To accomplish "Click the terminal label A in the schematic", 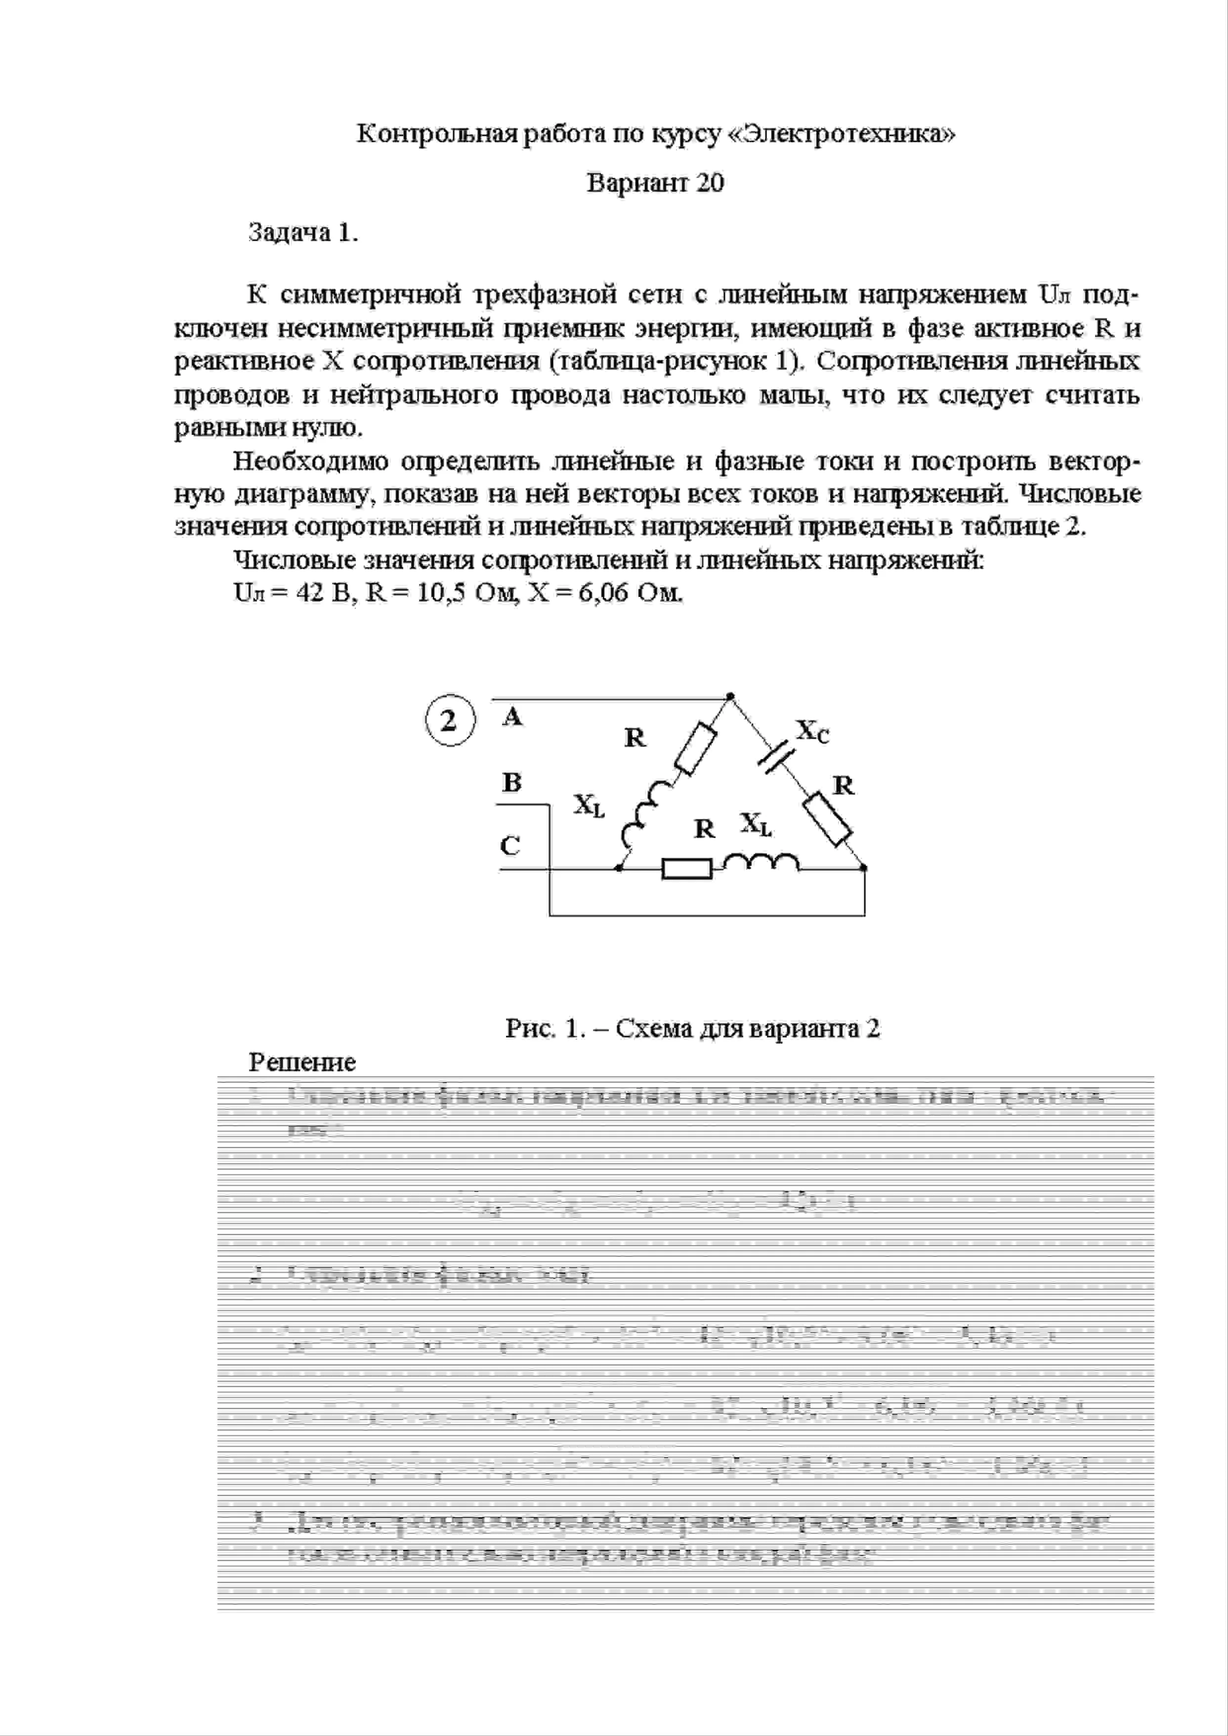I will [512, 716].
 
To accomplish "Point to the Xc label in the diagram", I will [813, 731].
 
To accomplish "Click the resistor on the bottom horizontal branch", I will [686, 869].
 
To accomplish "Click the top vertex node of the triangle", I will [730, 696].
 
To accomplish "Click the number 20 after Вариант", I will [709, 184].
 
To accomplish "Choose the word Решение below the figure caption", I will [302, 1062].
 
